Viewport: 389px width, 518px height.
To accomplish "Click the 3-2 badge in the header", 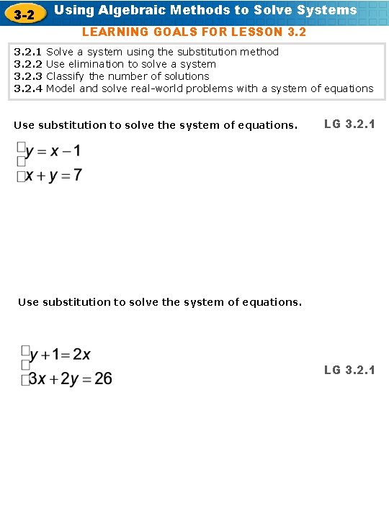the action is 25,12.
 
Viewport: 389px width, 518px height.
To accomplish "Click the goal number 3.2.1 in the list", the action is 28,52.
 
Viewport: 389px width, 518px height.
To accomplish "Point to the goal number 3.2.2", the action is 28,64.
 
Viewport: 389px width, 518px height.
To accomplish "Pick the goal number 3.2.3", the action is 28,76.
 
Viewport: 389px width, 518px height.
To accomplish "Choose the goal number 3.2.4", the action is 28,88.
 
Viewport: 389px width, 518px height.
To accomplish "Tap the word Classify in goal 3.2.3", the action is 66,76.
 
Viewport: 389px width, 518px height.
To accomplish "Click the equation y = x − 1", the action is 53,152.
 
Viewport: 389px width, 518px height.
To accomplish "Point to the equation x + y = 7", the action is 54,176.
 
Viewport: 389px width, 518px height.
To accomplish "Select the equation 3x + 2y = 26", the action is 70,378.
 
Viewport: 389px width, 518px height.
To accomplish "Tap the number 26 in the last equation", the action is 103,378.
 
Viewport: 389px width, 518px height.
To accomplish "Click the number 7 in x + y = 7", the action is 78,176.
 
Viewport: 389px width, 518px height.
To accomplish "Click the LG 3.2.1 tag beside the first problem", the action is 349,124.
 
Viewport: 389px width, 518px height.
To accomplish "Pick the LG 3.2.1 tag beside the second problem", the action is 349,370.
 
